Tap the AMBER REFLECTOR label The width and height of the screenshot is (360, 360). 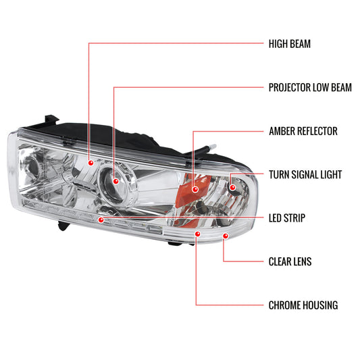(303, 131)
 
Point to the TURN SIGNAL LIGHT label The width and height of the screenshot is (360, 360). (305, 174)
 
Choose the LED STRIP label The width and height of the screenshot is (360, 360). (286, 218)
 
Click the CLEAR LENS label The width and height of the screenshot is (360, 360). (290, 261)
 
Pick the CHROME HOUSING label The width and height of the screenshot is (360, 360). (303, 305)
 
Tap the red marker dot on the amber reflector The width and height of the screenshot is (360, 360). (195, 190)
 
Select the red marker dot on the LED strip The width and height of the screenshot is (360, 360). (101, 220)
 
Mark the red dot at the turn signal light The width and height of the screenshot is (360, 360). (232, 186)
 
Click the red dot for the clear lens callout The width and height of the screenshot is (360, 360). (225, 236)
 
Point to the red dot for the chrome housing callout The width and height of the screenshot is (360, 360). (197, 234)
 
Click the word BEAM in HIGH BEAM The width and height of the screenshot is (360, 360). (301, 45)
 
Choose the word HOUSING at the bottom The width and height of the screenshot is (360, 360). (318, 305)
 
